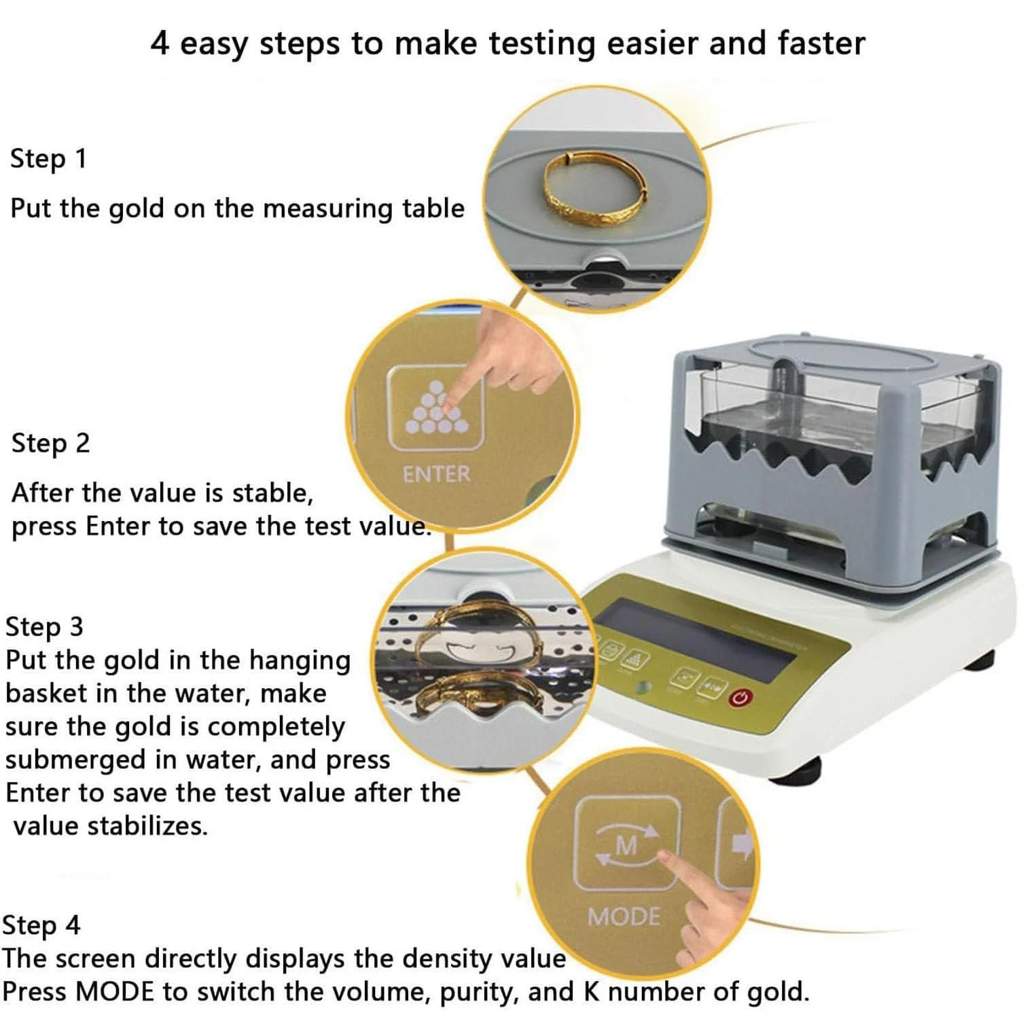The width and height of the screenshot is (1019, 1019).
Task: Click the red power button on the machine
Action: pyautogui.click(x=740, y=697)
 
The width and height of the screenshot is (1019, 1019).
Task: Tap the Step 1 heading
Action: pyautogui.click(x=48, y=159)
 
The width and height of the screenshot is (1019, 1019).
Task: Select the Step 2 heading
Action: pyautogui.click(x=50, y=443)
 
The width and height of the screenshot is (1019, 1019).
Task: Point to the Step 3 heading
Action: pyautogui.click(x=44, y=626)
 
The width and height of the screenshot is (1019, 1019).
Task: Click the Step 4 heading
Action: pyautogui.click(x=41, y=925)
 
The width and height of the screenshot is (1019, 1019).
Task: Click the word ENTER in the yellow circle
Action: pyautogui.click(x=436, y=474)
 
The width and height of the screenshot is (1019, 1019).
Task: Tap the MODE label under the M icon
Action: pyautogui.click(x=624, y=917)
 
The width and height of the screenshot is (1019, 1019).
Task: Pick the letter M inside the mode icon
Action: pyautogui.click(x=626, y=846)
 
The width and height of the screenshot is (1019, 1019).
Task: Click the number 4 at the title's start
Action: pyautogui.click(x=160, y=43)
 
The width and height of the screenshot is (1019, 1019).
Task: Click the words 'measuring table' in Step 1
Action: pyautogui.click(x=363, y=209)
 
